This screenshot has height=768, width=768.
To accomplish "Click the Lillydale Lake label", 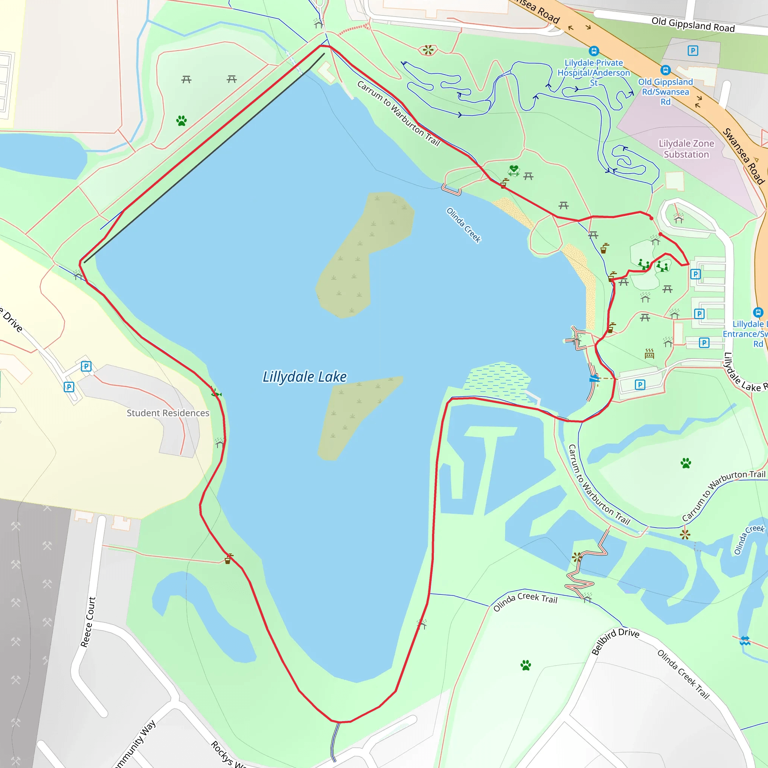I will [x=304, y=376].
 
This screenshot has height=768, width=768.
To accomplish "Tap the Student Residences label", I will [x=168, y=413].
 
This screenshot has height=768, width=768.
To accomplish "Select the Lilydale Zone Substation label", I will [x=686, y=148].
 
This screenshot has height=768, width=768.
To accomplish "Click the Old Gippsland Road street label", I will [x=693, y=24].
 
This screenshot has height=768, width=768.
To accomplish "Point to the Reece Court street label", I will [x=88, y=622].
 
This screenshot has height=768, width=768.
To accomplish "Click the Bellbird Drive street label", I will [x=615, y=641].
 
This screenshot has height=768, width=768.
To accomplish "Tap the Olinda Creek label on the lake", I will [x=463, y=225].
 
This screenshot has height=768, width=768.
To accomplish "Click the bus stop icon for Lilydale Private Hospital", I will [x=594, y=51].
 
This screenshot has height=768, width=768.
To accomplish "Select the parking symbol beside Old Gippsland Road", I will [x=693, y=51].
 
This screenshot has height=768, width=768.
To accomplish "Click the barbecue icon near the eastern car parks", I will [x=649, y=353].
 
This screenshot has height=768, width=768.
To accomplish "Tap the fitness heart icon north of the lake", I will [x=514, y=170].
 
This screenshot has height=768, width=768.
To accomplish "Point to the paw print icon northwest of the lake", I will [x=181, y=121].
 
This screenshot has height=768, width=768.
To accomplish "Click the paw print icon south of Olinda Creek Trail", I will [x=525, y=665].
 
